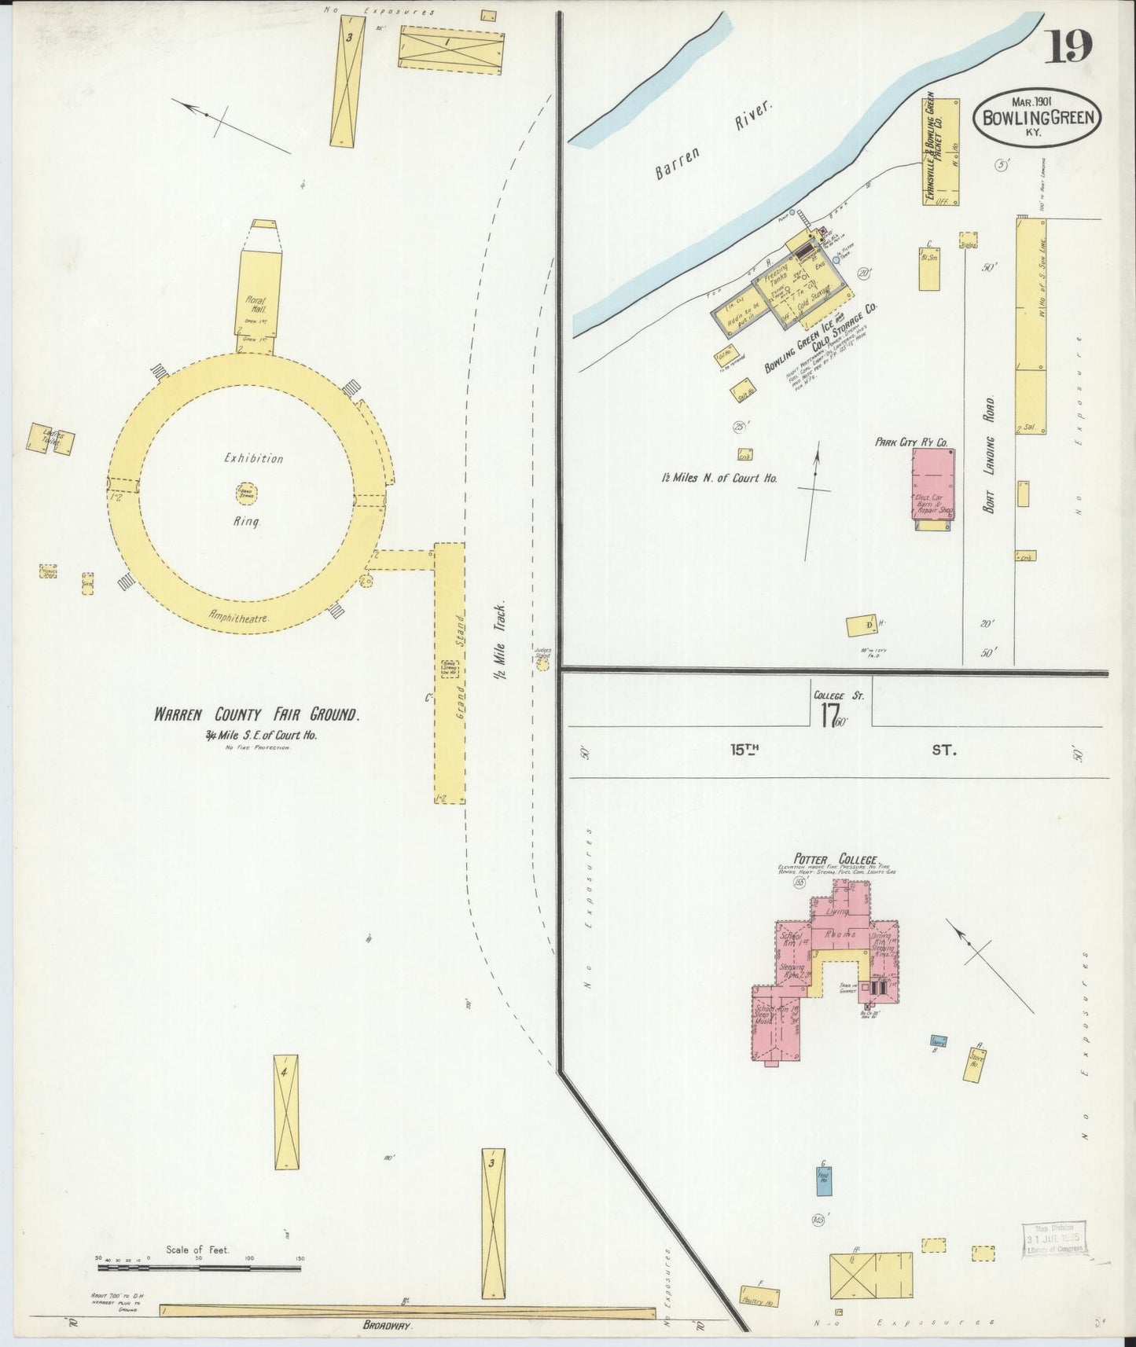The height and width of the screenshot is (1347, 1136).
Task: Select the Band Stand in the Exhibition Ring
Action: point(246,493)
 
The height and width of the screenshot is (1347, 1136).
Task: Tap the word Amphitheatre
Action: point(240,618)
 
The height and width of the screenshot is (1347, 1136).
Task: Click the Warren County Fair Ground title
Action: point(257,715)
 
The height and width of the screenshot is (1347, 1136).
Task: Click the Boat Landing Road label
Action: point(991,455)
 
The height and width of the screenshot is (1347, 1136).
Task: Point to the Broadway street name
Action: point(388,1325)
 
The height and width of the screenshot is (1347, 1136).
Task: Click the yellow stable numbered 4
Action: point(286,1111)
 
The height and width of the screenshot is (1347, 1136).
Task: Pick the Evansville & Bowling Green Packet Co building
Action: point(941,152)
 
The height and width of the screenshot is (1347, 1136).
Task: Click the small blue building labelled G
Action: point(823,1180)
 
